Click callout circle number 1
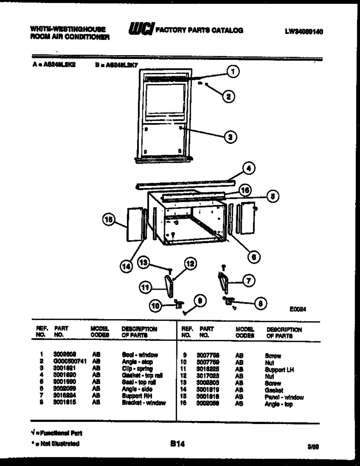coord(233,72)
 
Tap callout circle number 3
coord(231,136)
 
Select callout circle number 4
coord(248,168)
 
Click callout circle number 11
coord(145,287)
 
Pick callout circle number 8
coord(260,304)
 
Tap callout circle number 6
coord(254,257)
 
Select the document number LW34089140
coord(304,32)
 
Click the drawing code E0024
coord(298,309)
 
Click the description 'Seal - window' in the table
coord(140,355)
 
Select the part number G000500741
coord(70,362)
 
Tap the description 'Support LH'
coord(280,370)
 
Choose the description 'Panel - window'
coord(284,397)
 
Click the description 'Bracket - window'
coord(144,403)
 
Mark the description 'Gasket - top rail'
coord(142,375)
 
